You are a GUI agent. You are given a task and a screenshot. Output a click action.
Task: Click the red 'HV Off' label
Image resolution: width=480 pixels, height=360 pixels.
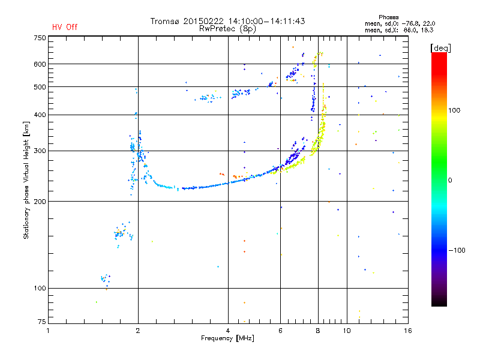point(64,27)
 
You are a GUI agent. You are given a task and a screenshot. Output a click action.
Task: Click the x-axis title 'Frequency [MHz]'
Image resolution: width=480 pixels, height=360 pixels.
point(227,338)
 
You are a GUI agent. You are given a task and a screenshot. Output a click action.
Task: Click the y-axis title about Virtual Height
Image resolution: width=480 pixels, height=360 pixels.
point(27,180)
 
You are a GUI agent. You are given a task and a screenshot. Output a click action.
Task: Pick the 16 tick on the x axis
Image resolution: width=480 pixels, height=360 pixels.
point(407,331)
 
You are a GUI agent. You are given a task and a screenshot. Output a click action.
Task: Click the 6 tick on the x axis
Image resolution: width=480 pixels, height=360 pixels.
point(280,331)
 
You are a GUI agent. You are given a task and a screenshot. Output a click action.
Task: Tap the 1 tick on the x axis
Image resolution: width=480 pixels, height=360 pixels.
point(48,331)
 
